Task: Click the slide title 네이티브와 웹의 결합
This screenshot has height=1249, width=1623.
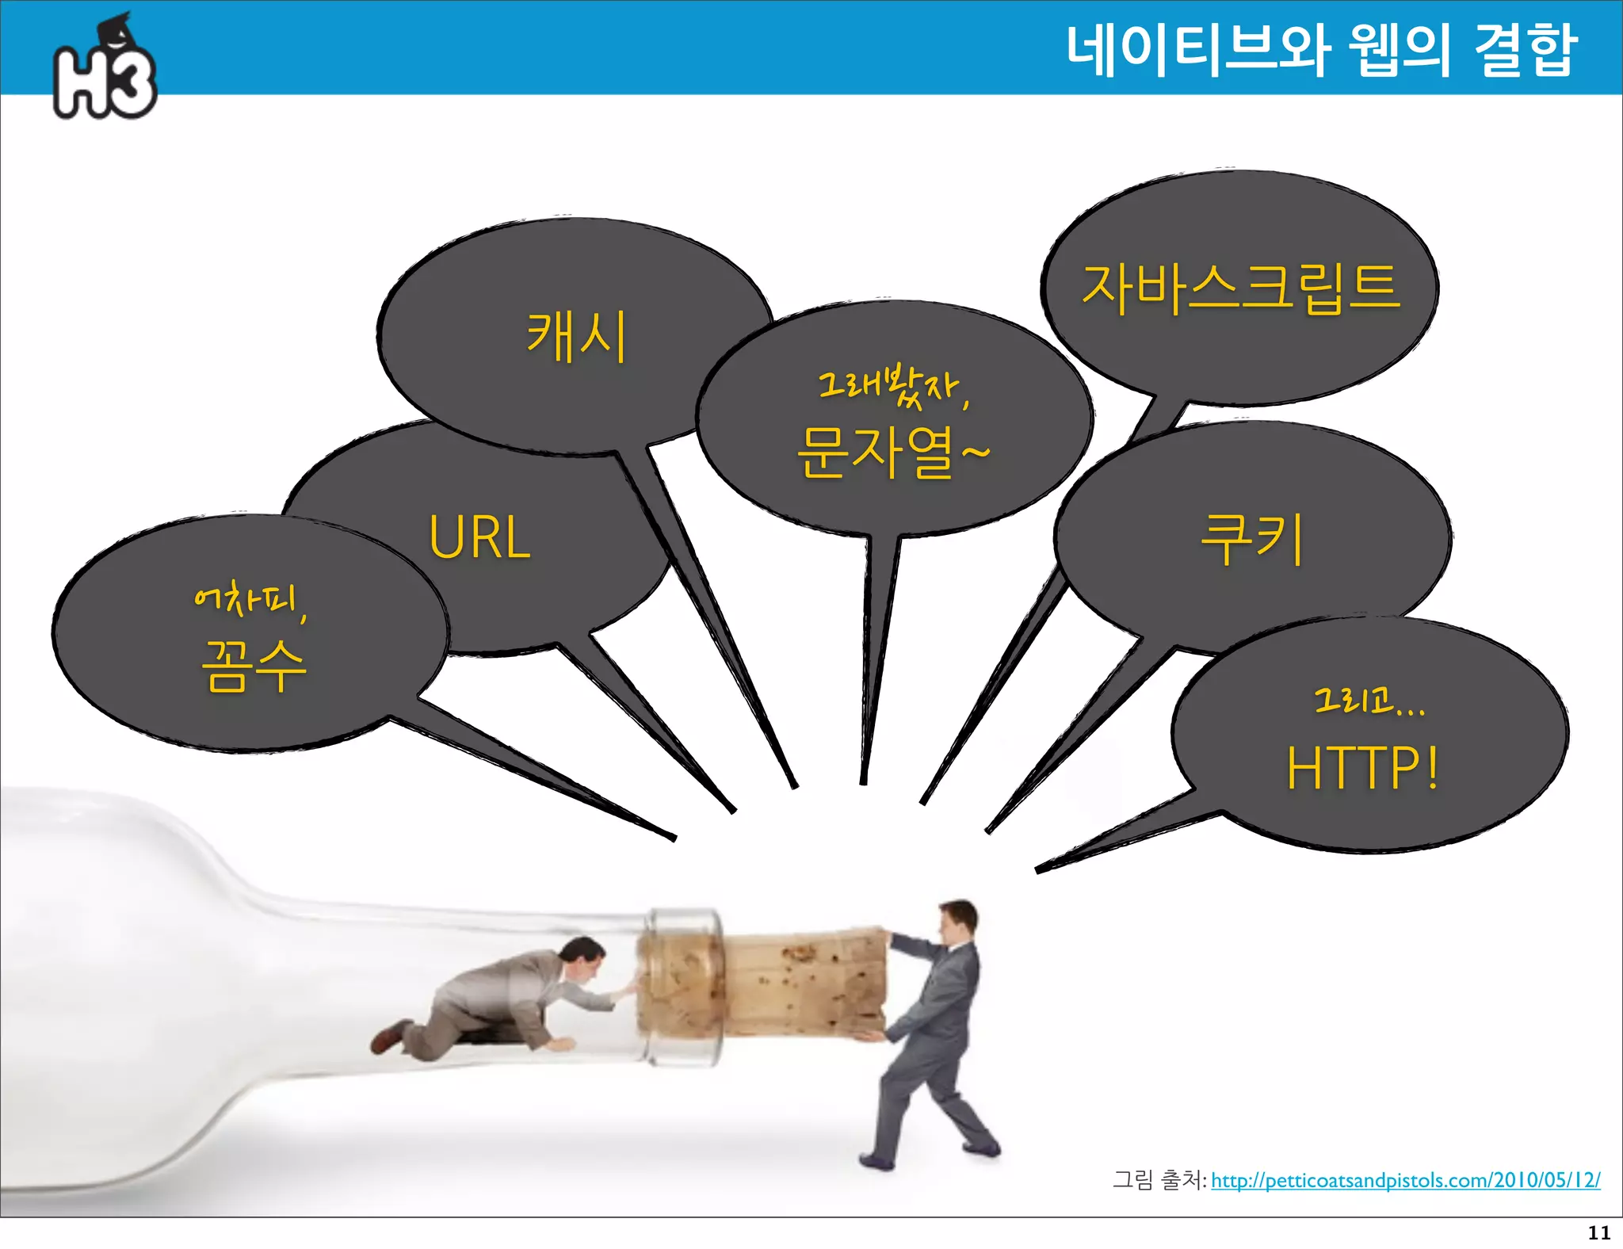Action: (1320, 51)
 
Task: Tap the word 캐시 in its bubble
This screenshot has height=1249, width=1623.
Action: (577, 336)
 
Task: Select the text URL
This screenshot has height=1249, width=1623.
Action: (479, 537)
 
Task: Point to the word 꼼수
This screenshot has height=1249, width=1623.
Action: (254, 666)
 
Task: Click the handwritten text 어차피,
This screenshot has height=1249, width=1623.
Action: (250, 601)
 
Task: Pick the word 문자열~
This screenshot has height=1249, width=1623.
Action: (892, 452)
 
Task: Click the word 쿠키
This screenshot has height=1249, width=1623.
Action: (1252, 539)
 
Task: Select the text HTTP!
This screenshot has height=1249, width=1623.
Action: (1361, 767)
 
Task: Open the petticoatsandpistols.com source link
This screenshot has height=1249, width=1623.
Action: (1405, 1181)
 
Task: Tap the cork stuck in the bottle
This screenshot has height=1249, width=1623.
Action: (800, 983)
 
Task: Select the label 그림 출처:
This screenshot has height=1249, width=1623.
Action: (1159, 1181)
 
